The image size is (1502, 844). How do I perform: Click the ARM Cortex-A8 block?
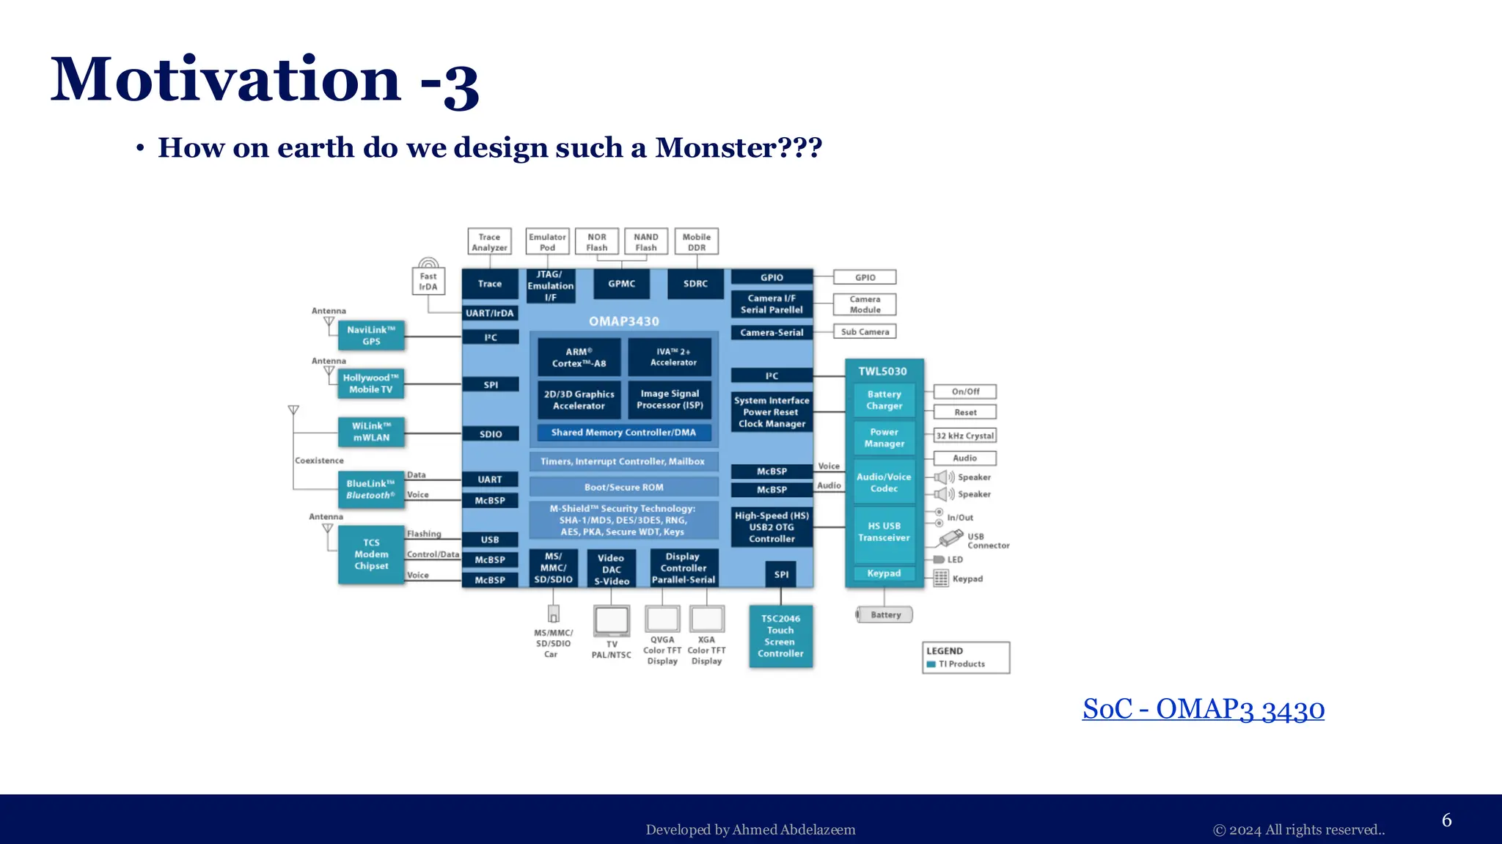[x=579, y=357]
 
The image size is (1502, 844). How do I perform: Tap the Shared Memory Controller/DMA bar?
[x=623, y=433]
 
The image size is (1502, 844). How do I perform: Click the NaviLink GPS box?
[x=371, y=336]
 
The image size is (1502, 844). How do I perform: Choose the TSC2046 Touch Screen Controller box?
[x=780, y=636]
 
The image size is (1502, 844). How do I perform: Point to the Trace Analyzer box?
[x=489, y=242]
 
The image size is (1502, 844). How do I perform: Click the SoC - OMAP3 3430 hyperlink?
[x=1203, y=709]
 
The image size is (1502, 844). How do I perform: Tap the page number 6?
[x=1446, y=820]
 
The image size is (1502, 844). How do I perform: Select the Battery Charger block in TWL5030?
[x=884, y=400]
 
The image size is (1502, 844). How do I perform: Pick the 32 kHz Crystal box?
[x=964, y=436]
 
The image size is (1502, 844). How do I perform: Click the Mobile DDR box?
[x=696, y=242]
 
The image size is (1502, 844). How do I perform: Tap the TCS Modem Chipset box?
[x=371, y=554]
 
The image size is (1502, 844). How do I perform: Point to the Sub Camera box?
[x=865, y=331]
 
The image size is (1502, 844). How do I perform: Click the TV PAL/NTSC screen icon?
[x=611, y=621]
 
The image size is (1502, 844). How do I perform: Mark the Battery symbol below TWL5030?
[x=884, y=614]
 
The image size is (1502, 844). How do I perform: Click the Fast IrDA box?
[x=428, y=282]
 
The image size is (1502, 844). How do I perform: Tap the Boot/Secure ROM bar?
[x=623, y=487]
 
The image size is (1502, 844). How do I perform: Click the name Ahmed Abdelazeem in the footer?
[x=794, y=829]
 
